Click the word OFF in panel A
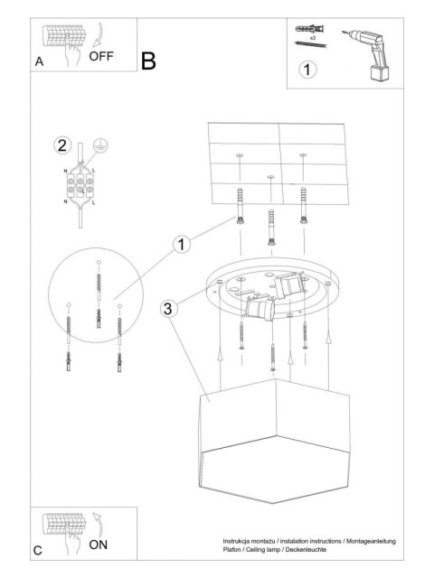tap(102, 56)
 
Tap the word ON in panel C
tap(99, 545)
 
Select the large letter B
tap(149, 61)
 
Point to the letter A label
tap(40, 62)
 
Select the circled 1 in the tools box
tap(308, 69)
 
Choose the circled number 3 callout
tap(168, 309)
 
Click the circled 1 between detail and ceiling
tap(183, 244)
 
